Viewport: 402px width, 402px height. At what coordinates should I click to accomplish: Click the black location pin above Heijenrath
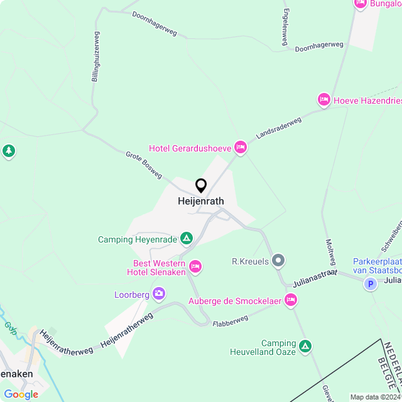(x=201, y=185)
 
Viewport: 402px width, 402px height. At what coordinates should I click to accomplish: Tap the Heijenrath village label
(x=201, y=202)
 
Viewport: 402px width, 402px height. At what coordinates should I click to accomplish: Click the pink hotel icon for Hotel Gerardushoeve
(x=240, y=148)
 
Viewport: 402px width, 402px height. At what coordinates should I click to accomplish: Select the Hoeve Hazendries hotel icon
(x=324, y=99)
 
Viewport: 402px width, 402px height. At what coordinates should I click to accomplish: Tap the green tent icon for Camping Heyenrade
(x=186, y=239)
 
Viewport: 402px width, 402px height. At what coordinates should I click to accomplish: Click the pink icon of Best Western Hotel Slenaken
(x=195, y=267)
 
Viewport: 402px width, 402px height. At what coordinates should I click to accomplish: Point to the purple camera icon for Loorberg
(x=159, y=293)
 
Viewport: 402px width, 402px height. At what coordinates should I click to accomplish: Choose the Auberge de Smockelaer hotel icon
(x=291, y=300)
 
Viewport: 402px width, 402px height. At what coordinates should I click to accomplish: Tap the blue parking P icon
(x=371, y=284)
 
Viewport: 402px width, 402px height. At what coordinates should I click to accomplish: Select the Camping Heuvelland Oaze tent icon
(x=305, y=345)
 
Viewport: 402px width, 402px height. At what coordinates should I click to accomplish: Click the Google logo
(x=20, y=394)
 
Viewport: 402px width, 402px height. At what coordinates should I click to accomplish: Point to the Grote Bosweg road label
(x=144, y=164)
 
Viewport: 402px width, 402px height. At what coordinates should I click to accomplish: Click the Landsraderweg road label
(x=279, y=128)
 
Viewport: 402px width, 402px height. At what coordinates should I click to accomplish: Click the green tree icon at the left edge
(x=8, y=151)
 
